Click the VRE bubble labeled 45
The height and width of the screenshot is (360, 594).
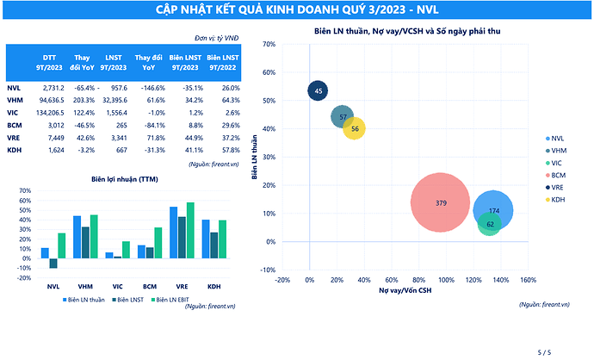click(x=318, y=90)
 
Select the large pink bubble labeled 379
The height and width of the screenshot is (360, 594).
click(x=440, y=202)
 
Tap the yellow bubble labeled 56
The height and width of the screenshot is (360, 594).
click(x=355, y=128)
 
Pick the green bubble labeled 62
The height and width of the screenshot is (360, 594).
click(x=489, y=224)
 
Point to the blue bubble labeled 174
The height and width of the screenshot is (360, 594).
click(x=493, y=210)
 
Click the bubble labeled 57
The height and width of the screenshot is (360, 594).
click(x=343, y=117)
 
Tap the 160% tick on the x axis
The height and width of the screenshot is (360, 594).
click(x=529, y=279)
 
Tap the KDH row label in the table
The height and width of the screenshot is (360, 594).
click(x=14, y=150)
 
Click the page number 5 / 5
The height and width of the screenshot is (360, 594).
click(x=543, y=351)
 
